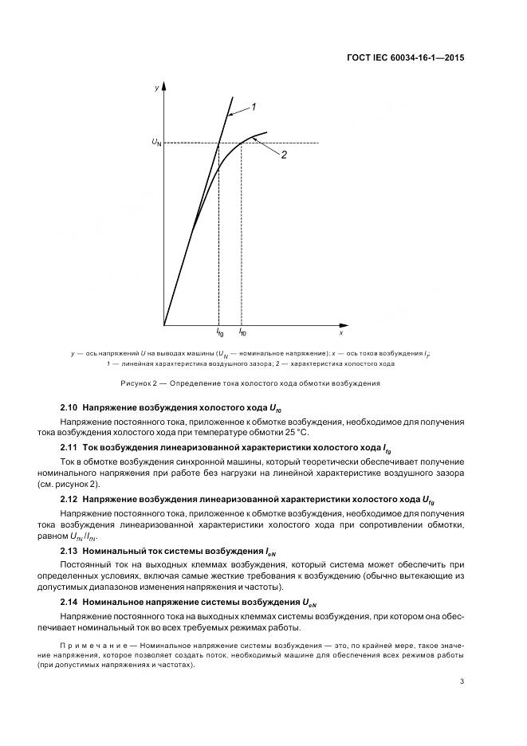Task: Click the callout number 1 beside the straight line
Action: (253, 106)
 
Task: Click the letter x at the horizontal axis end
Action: (341, 323)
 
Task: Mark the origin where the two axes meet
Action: (164, 325)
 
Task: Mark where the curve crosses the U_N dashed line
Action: (241, 143)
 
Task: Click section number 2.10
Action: (69, 407)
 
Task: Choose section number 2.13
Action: (69, 551)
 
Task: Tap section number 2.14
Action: (69, 603)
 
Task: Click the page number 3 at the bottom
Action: (462, 681)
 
